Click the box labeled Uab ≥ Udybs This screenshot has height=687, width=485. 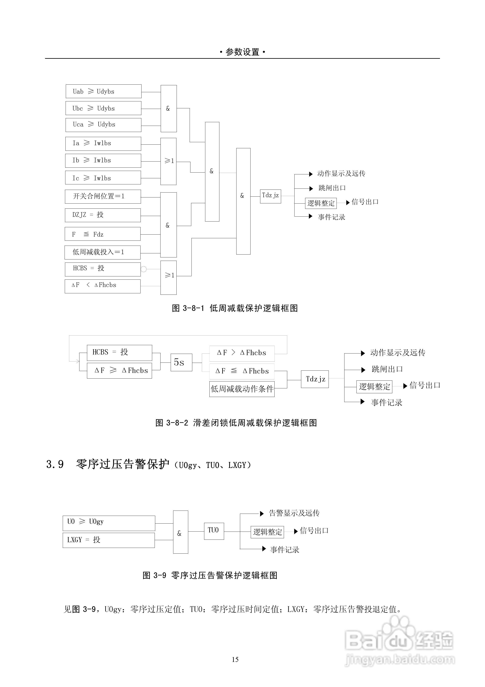(103, 91)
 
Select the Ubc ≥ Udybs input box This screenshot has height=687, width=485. (103, 108)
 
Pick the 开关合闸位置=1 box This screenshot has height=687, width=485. (103, 196)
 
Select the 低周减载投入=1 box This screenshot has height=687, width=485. (102, 252)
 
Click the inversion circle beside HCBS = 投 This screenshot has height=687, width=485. (144, 269)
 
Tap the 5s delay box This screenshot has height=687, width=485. (181, 362)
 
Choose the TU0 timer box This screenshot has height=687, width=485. (214, 531)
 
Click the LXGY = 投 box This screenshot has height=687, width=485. (109, 540)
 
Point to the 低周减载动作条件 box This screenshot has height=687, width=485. (242, 389)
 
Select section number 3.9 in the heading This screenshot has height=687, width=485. (55, 464)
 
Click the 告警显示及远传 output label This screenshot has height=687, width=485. (294, 513)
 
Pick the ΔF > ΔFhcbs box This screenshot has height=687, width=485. (242, 353)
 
